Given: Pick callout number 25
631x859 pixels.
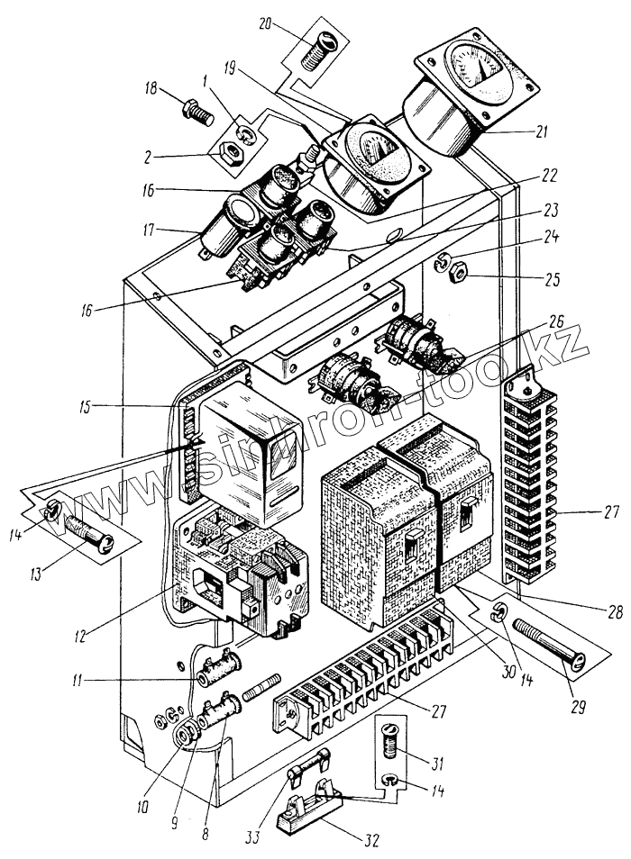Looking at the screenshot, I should pos(553,280).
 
